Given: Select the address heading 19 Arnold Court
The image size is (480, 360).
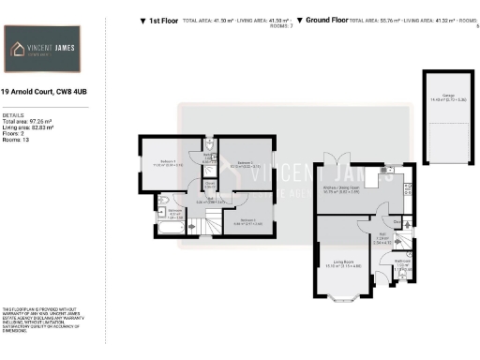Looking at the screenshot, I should click(x=47, y=92).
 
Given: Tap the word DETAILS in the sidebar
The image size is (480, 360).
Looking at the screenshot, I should click(x=13, y=115).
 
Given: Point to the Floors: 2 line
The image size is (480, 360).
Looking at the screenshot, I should click(x=16, y=133).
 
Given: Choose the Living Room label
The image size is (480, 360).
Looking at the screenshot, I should click(x=337, y=263).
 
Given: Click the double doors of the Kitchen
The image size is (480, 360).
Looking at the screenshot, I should click(x=333, y=159).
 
